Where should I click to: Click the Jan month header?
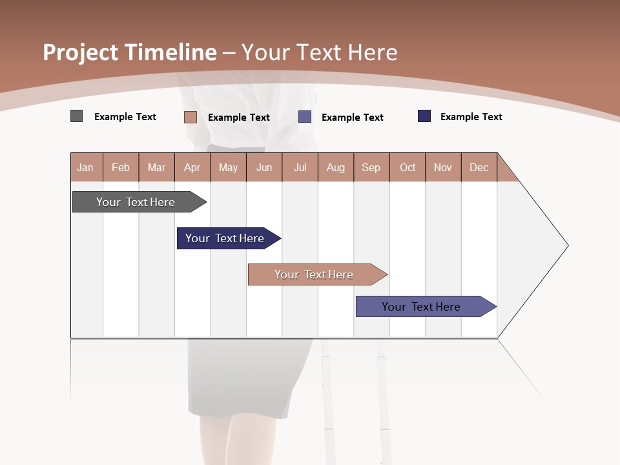[x=86, y=167]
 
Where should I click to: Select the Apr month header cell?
[x=192, y=167]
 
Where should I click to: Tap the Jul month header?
[x=300, y=167]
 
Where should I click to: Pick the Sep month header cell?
[x=371, y=167]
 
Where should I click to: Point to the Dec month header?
[x=479, y=167]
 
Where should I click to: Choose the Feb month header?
[x=121, y=167]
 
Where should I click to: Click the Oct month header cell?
[x=408, y=167]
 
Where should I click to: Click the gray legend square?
[x=76, y=116]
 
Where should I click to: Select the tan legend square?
[x=190, y=117]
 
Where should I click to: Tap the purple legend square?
[x=305, y=117]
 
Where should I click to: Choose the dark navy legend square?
[x=424, y=116]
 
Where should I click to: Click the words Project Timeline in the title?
[x=129, y=52]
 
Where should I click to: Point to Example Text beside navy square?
[x=471, y=117]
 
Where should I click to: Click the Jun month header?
[x=264, y=167]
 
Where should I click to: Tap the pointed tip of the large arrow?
[x=566, y=245]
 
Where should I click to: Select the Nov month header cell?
[x=443, y=167]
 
